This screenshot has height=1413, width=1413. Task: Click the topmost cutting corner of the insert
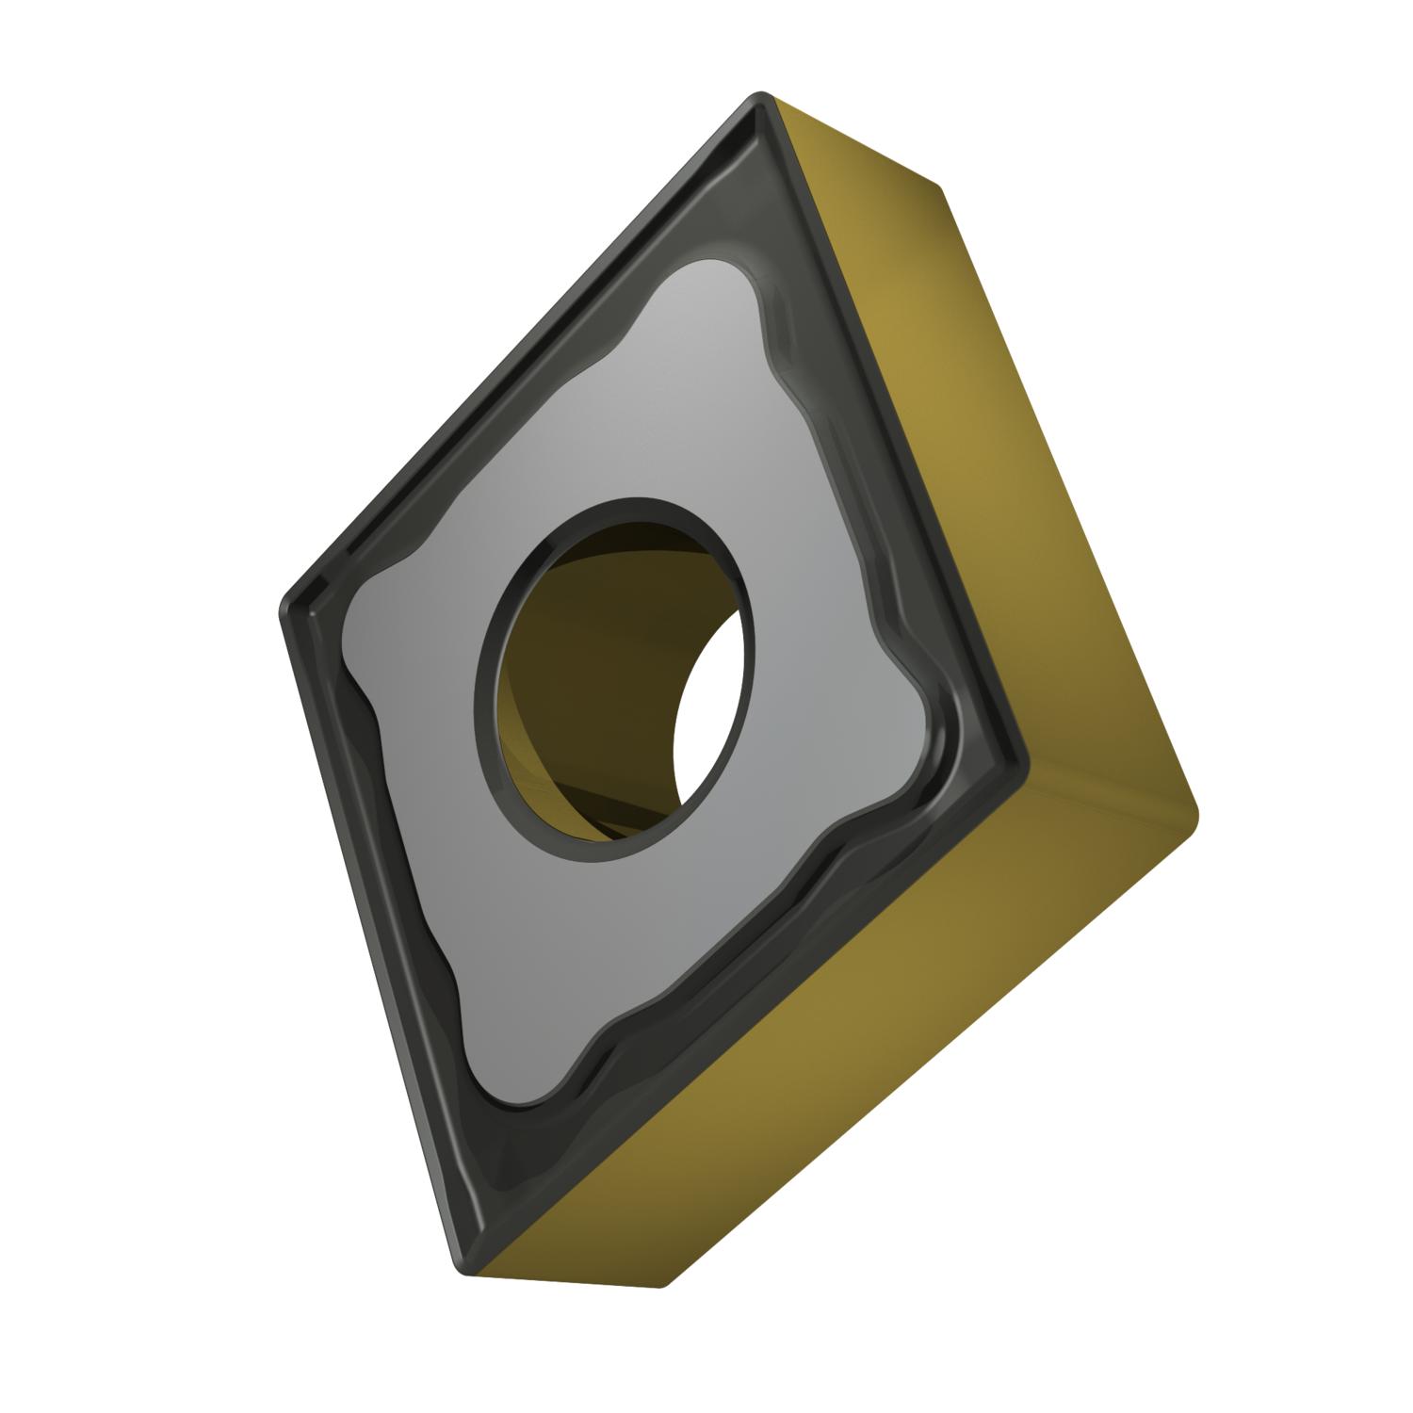click(x=761, y=102)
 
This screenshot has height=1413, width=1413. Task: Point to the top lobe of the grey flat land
click(x=716, y=283)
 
